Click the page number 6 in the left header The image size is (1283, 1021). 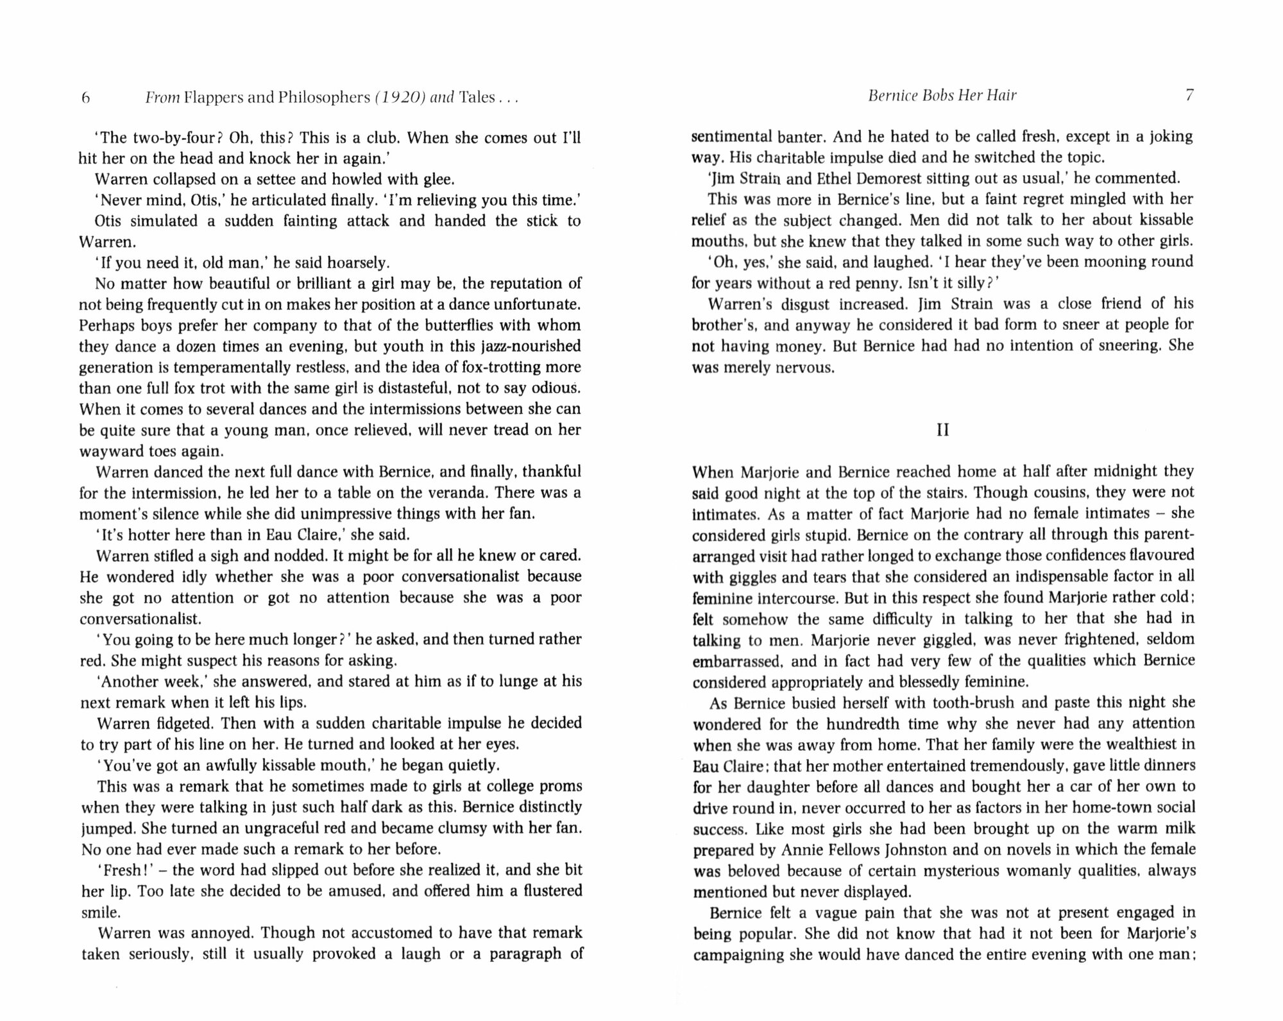point(85,98)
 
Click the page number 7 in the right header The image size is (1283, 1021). point(1189,96)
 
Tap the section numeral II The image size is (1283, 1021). point(942,430)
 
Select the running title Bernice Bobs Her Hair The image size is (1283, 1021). point(942,96)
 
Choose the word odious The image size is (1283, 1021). point(555,388)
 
